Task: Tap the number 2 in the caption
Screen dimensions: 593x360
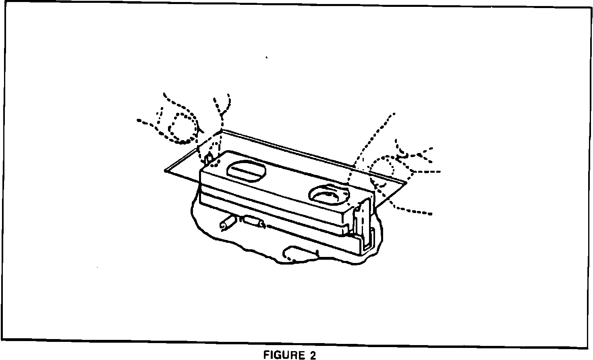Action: [313, 355]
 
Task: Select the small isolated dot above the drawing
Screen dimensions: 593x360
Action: [267, 58]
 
